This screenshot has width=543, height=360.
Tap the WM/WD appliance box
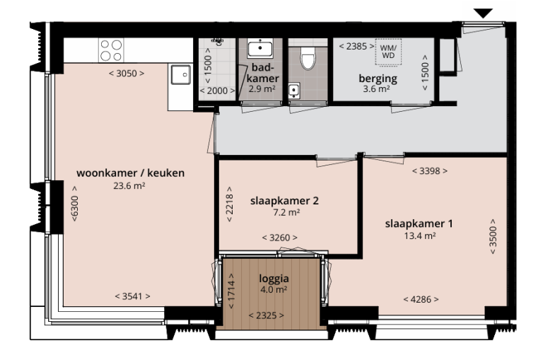pyautogui.click(x=388, y=50)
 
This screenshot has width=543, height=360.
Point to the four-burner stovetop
pyautogui.click(x=111, y=50)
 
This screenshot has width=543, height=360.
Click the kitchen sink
pyautogui.click(x=181, y=74)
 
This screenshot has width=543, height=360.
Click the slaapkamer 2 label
pyautogui.click(x=284, y=200)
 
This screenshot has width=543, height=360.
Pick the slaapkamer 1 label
pyautogui.click(x=419, y=223)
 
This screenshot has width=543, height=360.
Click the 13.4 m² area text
pyautogui.click(x=419, y=236)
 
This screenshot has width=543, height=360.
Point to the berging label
pyautogui.click(x=378, y=79)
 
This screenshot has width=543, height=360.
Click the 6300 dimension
pyautogui.click(x=74, y=205)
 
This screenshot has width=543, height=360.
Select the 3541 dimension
pyautogui.click(x=132, y=296)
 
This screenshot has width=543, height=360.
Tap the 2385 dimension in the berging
pyautogui.click(x=353, y=46)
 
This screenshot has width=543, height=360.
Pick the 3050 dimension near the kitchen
pyautogui.click(x=127, y=74)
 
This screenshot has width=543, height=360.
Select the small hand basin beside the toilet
pyautogui.click(x=295, y=89)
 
